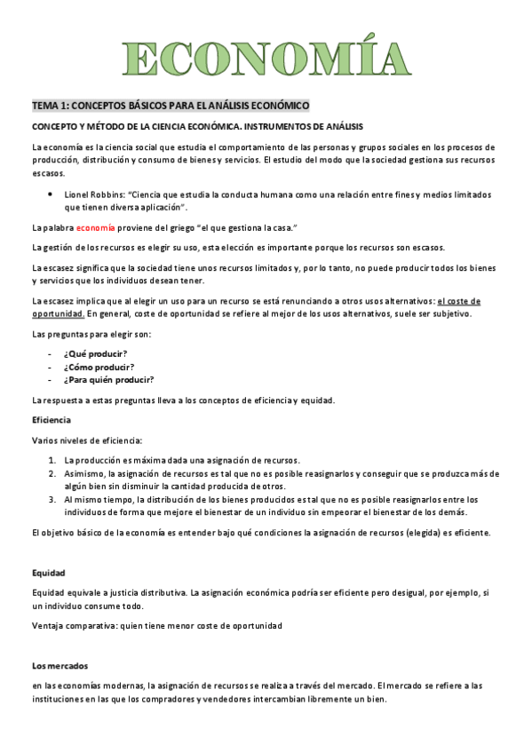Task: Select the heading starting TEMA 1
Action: pyautogui.click(x=171, y=106)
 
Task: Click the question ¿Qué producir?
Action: pyautogui.click(x=95, y=353)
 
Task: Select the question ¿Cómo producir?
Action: pyautogui.click(x=98, y=367)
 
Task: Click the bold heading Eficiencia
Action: pyautogui.click(x=52, y=419)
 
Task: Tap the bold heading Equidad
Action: pyautogui.click(x=48, y=573)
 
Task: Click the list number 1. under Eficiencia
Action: pyautogui.click(x=53, y=460)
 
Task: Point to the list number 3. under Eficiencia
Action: pyautogui.click(x=53, y=499)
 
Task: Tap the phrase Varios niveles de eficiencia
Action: pyautogui.click(x=86, y=440)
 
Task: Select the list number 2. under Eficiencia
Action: pyautogui.click(x=53, y=473)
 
